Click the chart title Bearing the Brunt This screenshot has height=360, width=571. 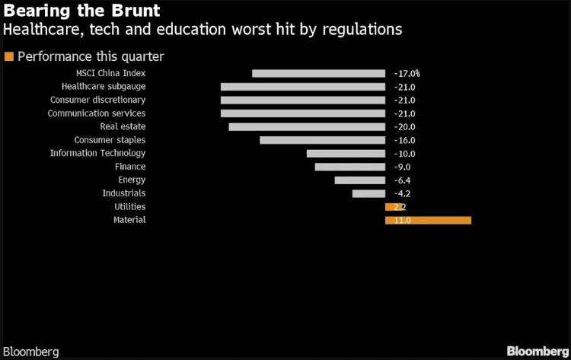(81, 12)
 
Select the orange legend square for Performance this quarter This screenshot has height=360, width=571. (9, 56)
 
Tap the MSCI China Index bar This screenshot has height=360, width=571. (318, 73)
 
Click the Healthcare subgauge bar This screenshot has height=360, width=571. (302, 87)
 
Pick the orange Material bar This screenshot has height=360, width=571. (428, 220)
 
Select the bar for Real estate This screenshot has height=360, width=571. (307, 126)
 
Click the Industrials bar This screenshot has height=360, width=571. (368, 193)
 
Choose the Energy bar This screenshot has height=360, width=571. (359, 180)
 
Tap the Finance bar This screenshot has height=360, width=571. (349, 167)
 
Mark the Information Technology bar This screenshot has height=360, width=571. (346, 153)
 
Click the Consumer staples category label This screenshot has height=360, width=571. (110, 140)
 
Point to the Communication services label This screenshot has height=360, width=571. (97, 113)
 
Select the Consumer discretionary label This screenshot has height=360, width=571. (97, 100)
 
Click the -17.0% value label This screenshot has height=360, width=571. (407, 74)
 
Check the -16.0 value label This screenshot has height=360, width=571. (404, 140)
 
